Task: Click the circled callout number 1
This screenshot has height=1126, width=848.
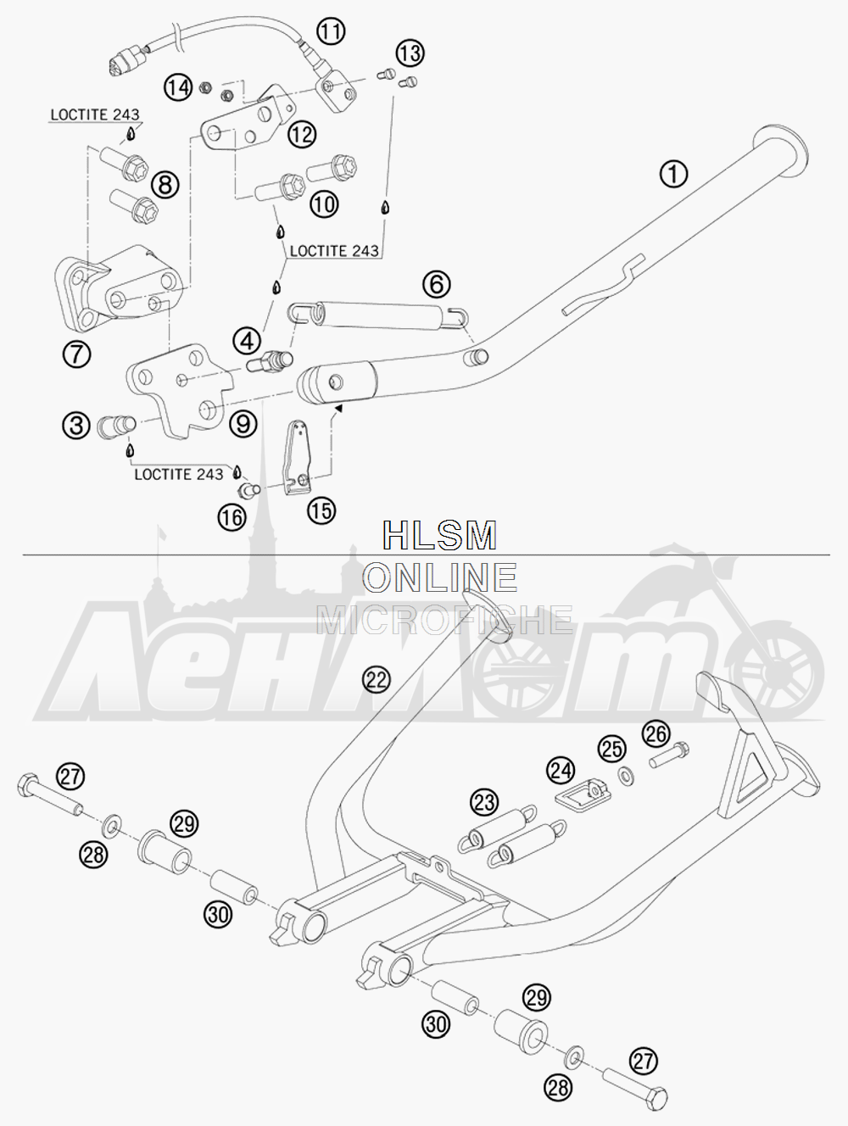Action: coord(673,174)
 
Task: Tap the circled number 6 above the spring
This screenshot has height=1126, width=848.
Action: coord(437,284)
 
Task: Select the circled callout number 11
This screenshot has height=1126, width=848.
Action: coord(331,31)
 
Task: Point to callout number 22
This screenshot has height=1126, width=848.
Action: coord(376,680)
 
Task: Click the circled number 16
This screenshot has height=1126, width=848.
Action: coord(232,518)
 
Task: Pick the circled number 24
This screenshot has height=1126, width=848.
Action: coord(561,771)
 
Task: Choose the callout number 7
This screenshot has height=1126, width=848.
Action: coord(76,354)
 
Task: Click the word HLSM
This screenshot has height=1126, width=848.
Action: coord(439,535)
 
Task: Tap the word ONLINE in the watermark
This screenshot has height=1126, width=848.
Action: coord(439,577)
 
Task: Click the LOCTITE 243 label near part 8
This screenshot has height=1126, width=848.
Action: coord(95,114)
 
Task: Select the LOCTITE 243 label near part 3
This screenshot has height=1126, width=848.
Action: coord(179,474)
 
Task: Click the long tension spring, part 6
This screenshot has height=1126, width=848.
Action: coord(379,314)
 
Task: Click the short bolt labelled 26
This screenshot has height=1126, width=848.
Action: coord(669,755)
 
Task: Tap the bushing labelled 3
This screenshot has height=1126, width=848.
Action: coord(116,426)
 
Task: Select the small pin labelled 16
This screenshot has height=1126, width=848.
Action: coord(248,490)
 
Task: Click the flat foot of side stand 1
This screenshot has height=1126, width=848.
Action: coord(780,150)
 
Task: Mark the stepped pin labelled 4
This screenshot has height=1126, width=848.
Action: coord(270,361)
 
